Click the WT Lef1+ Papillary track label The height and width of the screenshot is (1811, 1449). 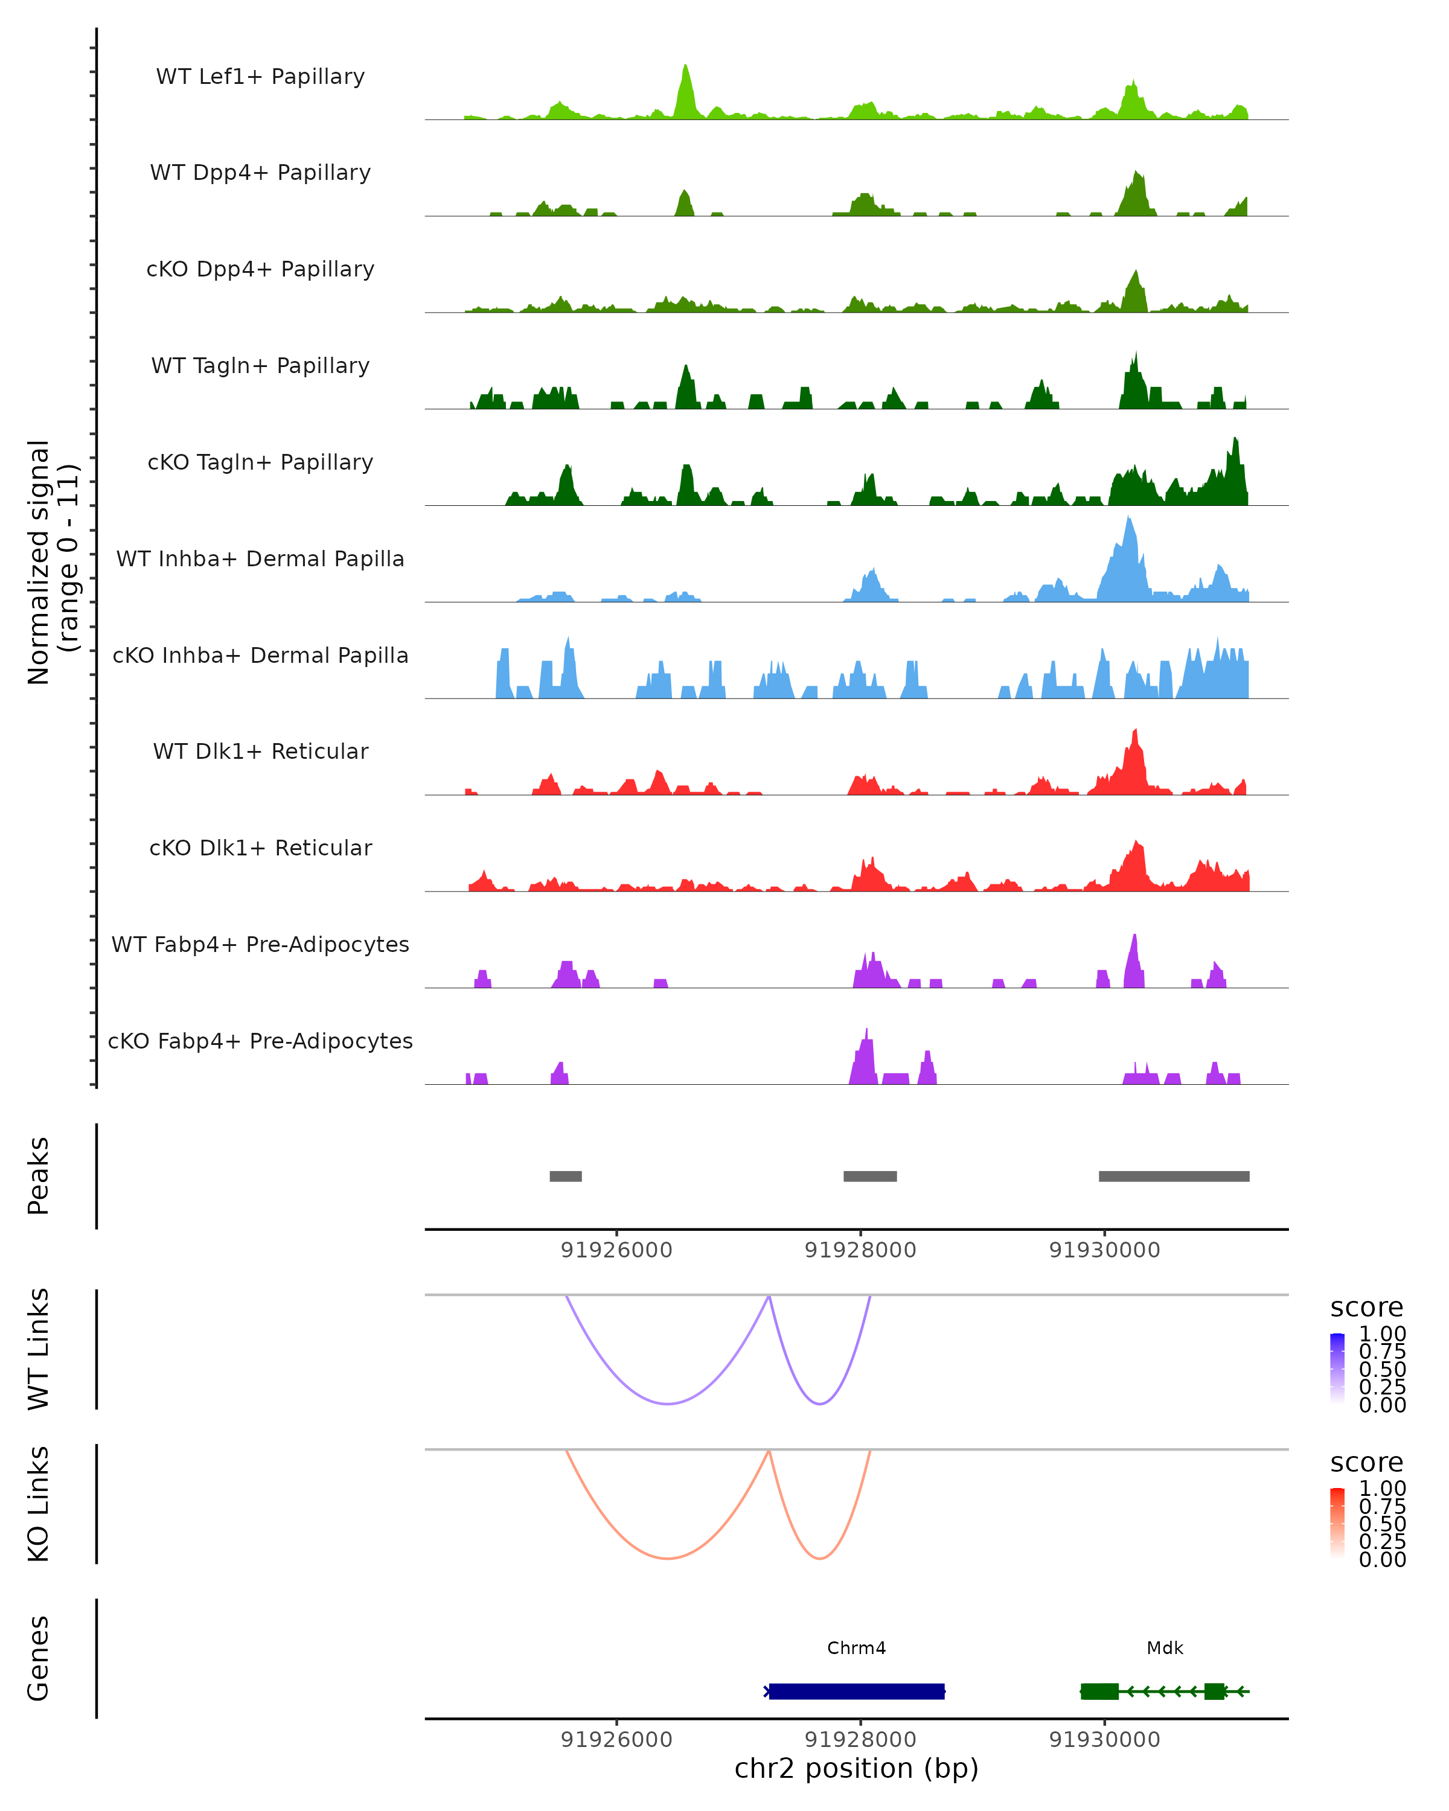[x=260, y=77]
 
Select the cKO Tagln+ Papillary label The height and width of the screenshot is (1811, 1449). [x=260, y=463]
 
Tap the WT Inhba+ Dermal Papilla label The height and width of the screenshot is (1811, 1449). [x=260, y=560]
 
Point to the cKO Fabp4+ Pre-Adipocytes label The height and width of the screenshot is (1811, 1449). [x=260, y=1041]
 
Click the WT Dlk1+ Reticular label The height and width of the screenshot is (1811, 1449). [x=260, y=752]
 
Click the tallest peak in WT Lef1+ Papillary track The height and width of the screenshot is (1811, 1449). [x=685, y=67]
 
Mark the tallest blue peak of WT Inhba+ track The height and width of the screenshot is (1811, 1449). [x=1129, y=519]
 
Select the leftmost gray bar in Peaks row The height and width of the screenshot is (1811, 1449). [x=565, y=1176]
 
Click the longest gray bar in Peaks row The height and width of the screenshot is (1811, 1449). [x=1174, y=1176]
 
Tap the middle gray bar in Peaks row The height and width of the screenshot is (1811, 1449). [x=869, y=1176]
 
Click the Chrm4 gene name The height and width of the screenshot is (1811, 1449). [x=856, y=1648]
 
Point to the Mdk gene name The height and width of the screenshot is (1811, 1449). [x=1164, y=1648]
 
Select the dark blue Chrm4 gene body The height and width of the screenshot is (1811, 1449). [x=857, y=1691]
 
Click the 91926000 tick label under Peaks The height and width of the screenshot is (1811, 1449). [x=616, y=1251]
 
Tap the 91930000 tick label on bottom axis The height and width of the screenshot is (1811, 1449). [x=1105, y=1740]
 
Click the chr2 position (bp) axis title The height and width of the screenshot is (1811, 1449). [x=856, y=1769]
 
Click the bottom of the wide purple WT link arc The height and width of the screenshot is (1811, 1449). [x=668, y=1404]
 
